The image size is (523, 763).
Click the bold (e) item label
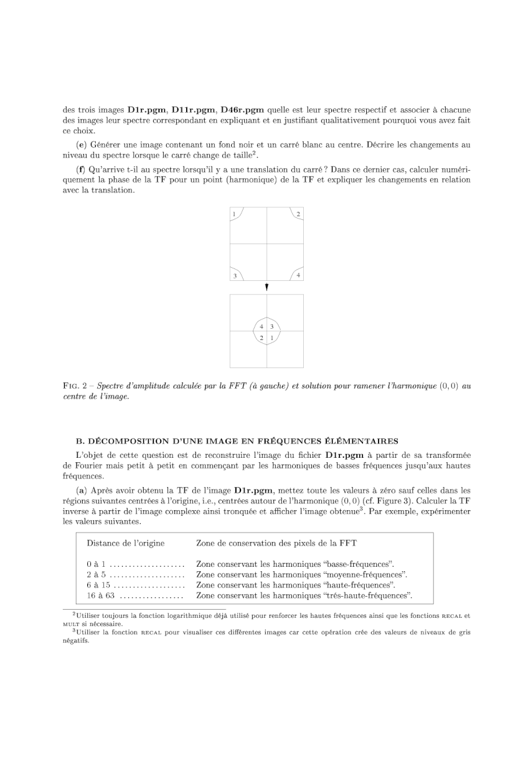(x=80, y=145)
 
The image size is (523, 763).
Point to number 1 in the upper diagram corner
(x=234, y=214)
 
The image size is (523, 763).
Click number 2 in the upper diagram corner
(x=299, y=214)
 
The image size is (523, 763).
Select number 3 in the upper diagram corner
(x=235, y=275)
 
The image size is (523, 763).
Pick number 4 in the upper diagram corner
(x=299, y=275)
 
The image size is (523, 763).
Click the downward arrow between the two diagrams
(x=266, y=287)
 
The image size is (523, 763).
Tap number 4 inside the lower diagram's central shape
(x=261, y=326)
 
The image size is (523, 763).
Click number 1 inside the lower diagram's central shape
(x=272, y=338)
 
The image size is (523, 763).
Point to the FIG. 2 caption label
(x=78, y=386)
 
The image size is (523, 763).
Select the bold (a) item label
(x=80, y=491)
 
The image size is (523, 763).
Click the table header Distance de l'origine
(x=125, y=543)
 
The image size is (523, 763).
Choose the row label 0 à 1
(x=96, y=564)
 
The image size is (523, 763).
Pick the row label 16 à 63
(x=100, y=596)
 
